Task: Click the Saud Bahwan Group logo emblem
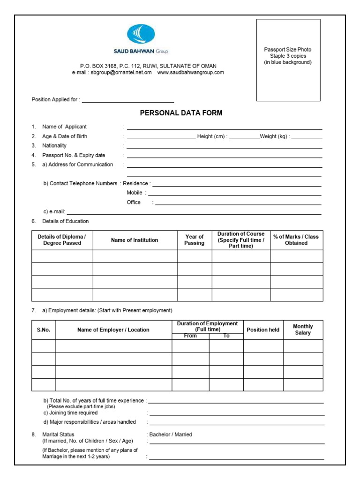tap(141, 35)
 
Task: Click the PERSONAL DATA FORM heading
tap(181, 113)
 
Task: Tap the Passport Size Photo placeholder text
tap(288, 56)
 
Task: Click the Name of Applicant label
tap(64, 127)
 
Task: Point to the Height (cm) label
tap(212, 136)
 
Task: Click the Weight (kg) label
tap(275, 136)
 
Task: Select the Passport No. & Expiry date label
tap(74, 155)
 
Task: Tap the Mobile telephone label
tap(135, 193)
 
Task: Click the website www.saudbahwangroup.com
tap(190, 73)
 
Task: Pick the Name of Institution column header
tap(135, 240)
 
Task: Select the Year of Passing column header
tap(194, 240)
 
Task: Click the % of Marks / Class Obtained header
tap(296, 240)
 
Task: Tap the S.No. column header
tap(44, 330)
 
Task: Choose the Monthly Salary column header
tap(303, 330)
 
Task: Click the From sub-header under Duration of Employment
tap(190, 336)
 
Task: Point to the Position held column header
tap(263, 330)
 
